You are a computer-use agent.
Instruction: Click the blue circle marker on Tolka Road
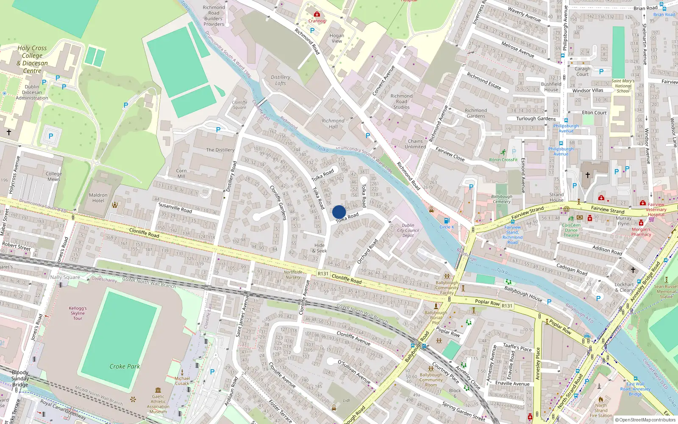(x=339, y=212)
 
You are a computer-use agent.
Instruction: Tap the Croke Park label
(x=125, y=366)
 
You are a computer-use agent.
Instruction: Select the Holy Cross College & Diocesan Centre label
(x=32, y=59)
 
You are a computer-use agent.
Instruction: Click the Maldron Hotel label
(x=98, y=198)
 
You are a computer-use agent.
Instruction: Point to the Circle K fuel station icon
(x=446, y=220)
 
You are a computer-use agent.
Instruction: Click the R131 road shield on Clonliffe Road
(x=323, y=273)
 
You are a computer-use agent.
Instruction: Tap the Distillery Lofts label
(x=281, y=80)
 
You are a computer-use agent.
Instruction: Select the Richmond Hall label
(x=333, y=124)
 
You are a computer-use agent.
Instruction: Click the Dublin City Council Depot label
(x=408, y=230)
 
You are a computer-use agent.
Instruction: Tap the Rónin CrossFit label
(x=503, y=160)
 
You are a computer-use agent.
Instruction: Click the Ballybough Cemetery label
(x=502, y=199)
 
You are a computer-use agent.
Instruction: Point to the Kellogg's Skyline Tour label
(x=78, y=313)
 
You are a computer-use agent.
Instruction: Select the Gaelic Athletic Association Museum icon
(x=158, y=390)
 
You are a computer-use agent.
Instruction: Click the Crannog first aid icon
(x=317, y=14)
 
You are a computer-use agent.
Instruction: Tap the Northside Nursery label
(x=293, y=275)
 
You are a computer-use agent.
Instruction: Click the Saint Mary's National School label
(x=623, y=86)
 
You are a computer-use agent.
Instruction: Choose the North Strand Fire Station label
(x=600, y=410)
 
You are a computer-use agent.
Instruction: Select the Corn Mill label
(x=181, y=173)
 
